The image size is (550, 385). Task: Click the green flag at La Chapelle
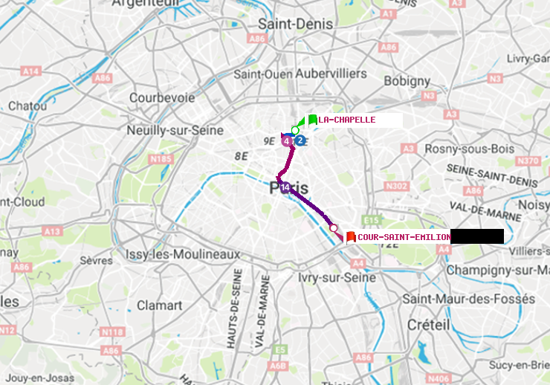[x=312, y=120]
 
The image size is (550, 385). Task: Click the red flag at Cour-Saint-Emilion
[x=351, y=237]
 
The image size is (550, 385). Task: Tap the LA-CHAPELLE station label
[x=347, y=120]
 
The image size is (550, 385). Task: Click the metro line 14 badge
[x=285, y=187]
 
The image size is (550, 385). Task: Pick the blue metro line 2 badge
[x=300, y=140]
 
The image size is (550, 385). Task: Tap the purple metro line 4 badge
[x=287, y=140]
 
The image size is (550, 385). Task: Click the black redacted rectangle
[x=477, y=236]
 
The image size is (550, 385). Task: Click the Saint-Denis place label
[x=295, y=25]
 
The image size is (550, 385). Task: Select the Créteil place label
[x=428, y=325]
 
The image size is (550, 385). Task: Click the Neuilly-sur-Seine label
[x=175, y=130]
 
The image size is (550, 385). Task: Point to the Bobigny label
[x=407, y=80]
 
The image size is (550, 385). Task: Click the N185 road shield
[x=161, y=158]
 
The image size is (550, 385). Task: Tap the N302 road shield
[x=397, y=186]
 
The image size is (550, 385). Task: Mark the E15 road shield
[x=372, y=221]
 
